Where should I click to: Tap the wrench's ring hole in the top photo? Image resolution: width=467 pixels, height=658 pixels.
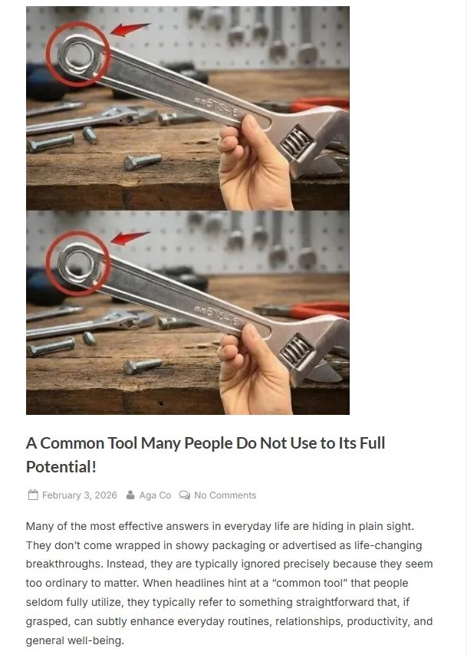(78, 55)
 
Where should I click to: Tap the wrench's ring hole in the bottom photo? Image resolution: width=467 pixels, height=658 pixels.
(78, 265)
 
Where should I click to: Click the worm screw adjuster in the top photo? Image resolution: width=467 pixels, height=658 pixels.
(297, 141)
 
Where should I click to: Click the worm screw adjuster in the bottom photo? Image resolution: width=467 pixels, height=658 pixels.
(298, 350)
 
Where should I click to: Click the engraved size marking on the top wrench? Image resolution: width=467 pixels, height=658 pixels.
(216, 106)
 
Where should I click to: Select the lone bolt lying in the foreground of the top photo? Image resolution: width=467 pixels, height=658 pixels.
(143, 161)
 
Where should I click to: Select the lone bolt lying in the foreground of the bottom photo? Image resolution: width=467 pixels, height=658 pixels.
(143, 366)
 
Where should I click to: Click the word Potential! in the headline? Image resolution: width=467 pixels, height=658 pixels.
(61, 466)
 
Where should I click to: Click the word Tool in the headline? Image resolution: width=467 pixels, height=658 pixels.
(123, 443)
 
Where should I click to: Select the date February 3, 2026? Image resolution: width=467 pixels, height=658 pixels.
(80, 495)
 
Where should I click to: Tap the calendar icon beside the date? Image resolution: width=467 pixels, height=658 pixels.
(33, 495)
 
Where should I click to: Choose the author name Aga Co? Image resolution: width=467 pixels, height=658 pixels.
(155, 495)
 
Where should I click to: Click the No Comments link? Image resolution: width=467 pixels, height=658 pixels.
(225, 495)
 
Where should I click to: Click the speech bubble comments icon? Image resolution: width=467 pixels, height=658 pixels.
(184, 495)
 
